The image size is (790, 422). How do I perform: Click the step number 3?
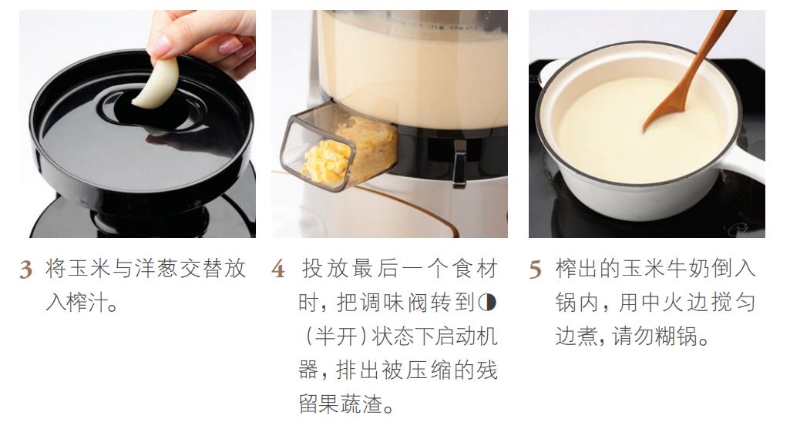[25, 270]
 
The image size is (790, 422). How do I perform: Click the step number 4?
[278, 270]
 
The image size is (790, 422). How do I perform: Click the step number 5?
[535, 270]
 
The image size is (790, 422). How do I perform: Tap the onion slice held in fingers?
[157, 84]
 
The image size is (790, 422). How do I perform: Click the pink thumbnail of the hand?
[160, 46]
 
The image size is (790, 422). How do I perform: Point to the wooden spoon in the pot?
[687, 71]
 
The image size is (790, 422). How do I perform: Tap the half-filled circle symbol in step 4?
[487, 302]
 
